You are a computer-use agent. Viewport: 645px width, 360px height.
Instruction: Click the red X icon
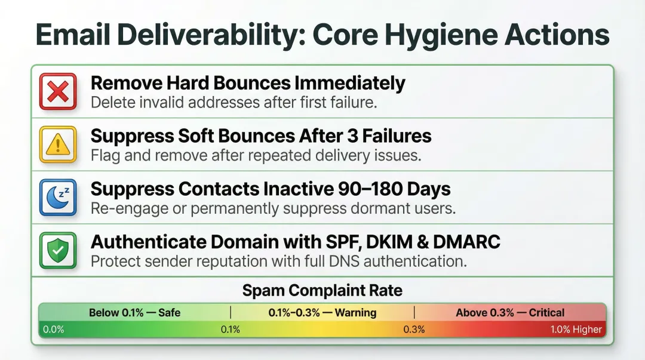pos(58,91)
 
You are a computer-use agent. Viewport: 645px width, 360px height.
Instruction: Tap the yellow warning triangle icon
pos(58,144)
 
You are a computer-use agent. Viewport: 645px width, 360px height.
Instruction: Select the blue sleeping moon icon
pos(58,197)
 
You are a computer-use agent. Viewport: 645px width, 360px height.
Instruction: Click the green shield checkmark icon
pos(58,250)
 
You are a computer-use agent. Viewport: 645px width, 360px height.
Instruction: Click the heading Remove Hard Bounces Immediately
pos(248,83)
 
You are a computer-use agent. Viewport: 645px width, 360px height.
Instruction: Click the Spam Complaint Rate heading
pos(322,291)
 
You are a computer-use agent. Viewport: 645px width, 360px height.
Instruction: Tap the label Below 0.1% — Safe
pos(134,312)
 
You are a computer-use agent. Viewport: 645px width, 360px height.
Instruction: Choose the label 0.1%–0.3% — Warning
pos(322,312)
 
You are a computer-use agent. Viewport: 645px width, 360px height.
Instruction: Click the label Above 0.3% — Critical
pos(509,312)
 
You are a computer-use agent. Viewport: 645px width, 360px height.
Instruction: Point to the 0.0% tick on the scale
pos(53,329)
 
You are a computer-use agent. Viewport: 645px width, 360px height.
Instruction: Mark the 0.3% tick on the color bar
pos(414,329)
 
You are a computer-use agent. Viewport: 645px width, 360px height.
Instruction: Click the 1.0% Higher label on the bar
pos(576,329)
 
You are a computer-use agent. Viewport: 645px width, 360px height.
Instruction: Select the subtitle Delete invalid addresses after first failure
pos(234,102)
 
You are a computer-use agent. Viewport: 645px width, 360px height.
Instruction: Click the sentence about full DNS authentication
pos(278,261)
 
